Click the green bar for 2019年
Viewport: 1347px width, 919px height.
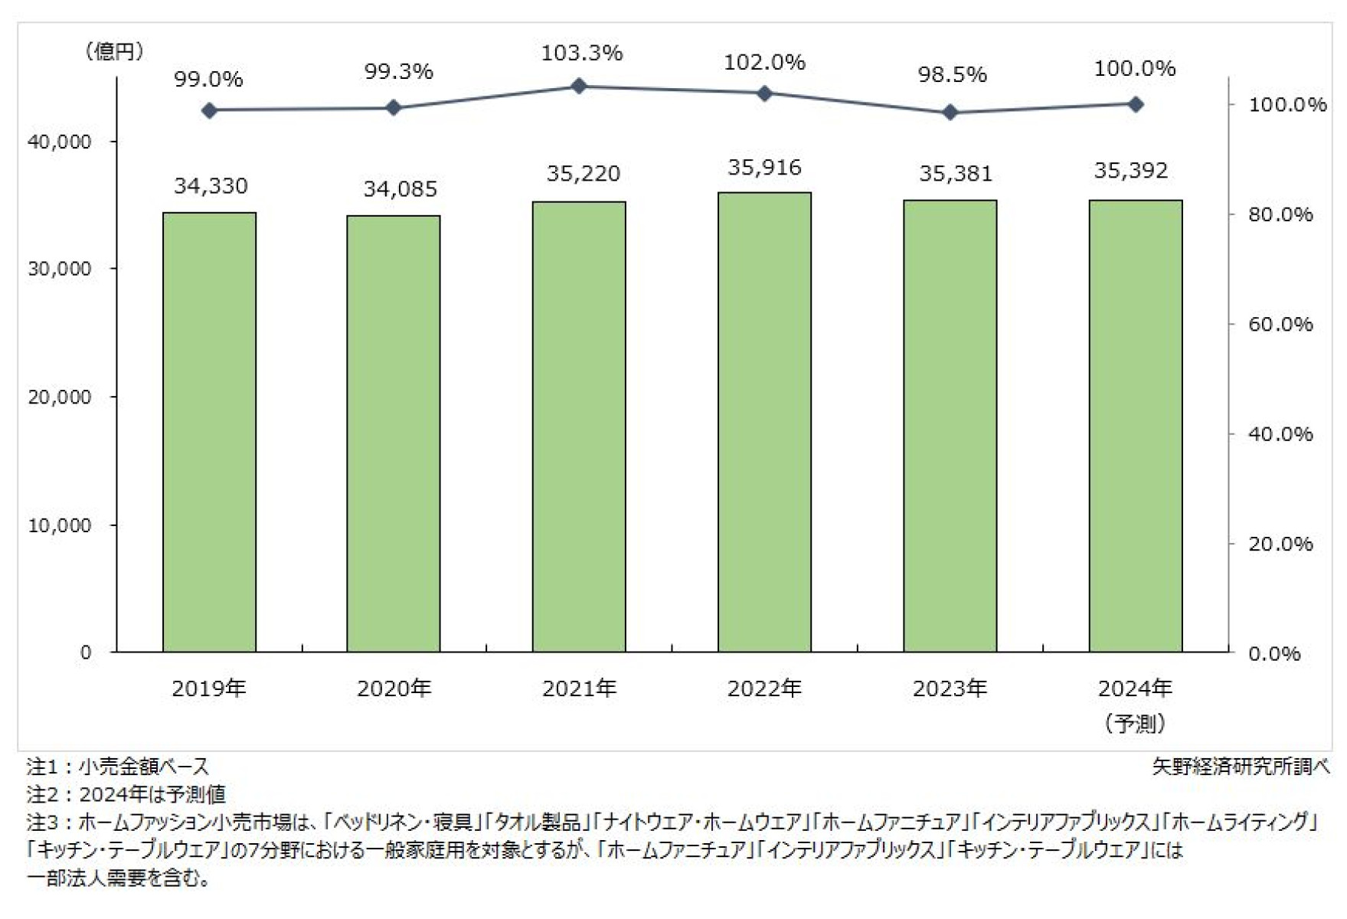coord(209,432)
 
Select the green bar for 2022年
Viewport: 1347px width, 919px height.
coord(764,422)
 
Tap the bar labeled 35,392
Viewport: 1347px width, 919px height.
coord(1135,426)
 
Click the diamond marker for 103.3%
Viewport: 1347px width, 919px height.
coord(579,86)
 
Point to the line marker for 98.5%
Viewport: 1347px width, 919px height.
coord(950,113)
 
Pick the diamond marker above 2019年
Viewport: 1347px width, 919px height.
coord(209,110)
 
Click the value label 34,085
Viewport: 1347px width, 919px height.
coord(400,188)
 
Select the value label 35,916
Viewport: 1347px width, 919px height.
coord(764,167)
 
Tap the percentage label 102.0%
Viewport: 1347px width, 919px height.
coord(764,62)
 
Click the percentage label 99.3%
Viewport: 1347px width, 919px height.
coord(398,71)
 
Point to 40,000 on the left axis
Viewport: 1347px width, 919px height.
coord(59,142)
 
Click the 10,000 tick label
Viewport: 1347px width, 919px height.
coord(59,525)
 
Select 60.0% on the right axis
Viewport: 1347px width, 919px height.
coord(1280,324)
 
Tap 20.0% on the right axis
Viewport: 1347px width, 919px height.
coord(1280,544)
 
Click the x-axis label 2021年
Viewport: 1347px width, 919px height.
coord(579,688)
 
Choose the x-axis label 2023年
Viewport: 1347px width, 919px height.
coord(950,688)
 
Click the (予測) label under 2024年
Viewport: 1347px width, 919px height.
coord(1135,722)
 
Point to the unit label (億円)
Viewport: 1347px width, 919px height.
coord(114,51)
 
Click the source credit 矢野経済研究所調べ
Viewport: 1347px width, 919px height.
coord(1241,766)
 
